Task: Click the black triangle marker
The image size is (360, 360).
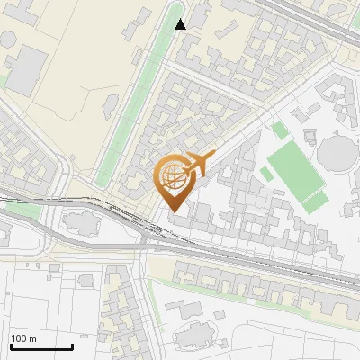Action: (x=181, y=24)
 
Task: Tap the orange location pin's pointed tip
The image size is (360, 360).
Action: (x=174, y=211)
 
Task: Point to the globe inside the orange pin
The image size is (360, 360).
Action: (x=173, y=177)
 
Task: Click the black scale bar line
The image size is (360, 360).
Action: (x=41, y=346)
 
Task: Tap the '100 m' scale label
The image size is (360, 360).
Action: (x=24, y=339)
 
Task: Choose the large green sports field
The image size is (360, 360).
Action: (x=294, y=171)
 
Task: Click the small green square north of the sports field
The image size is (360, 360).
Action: (x=281, y=131)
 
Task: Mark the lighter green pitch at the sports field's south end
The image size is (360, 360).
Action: (x=311, y=200)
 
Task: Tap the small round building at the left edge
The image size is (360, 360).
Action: (x=8, y=40)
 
